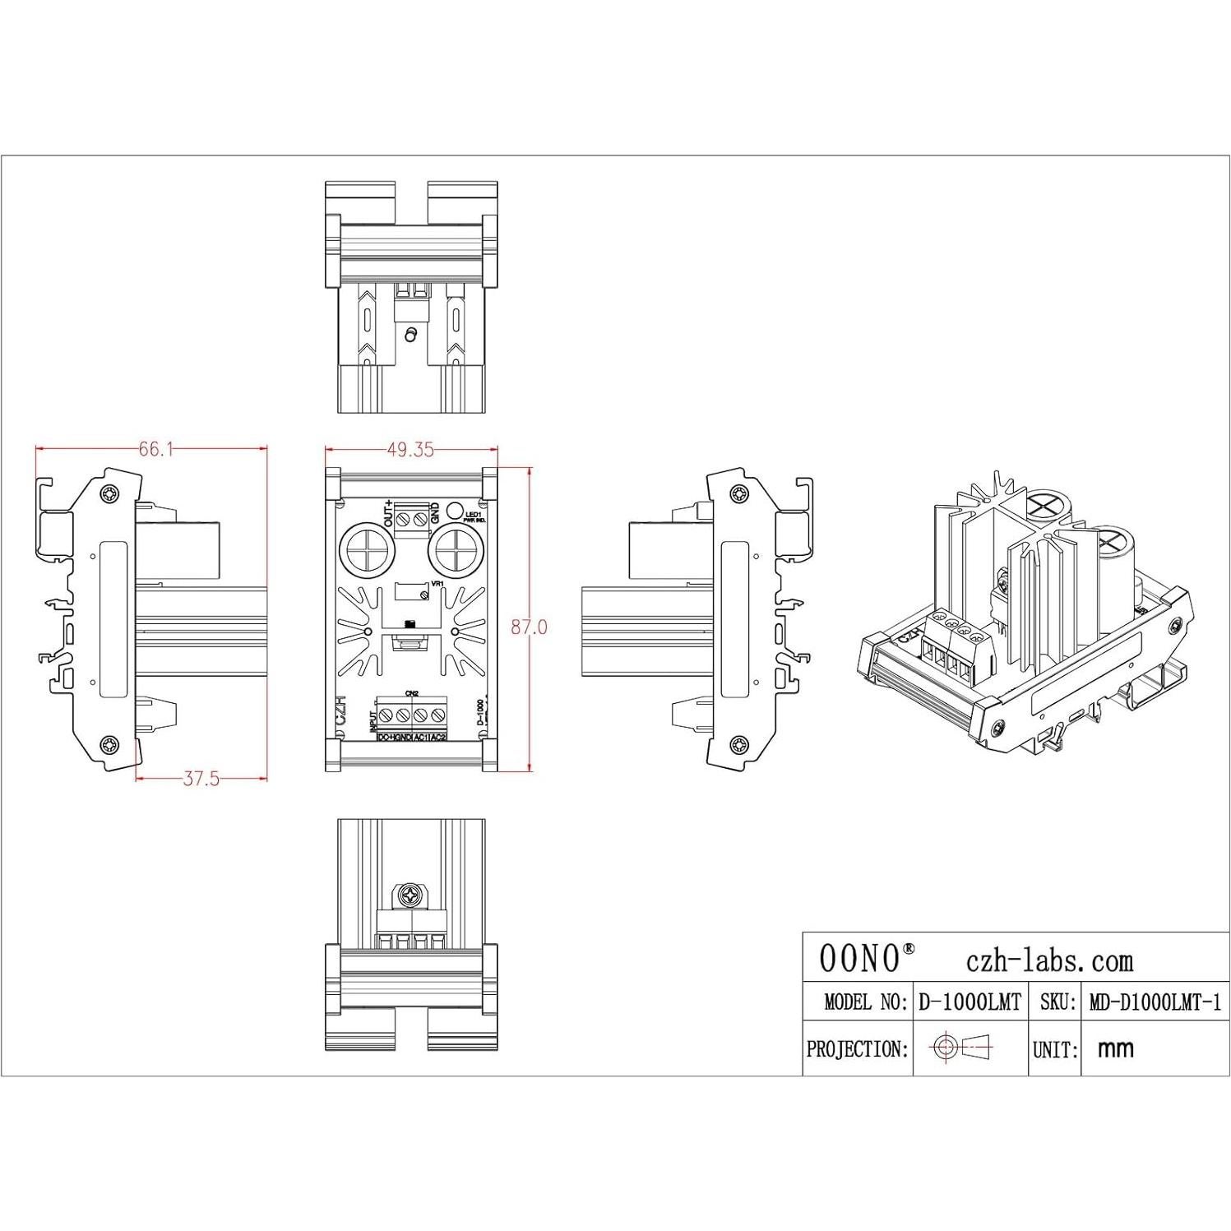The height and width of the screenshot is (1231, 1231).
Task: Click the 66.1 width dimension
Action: tap(155, 449)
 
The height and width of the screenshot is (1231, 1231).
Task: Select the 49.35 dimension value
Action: tap(410, 449)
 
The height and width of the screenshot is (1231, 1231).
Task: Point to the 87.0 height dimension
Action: tap(529, 627)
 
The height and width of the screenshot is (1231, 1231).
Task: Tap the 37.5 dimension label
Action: tap(201, 779)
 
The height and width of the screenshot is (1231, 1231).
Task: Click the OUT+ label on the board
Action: tap(389, 513)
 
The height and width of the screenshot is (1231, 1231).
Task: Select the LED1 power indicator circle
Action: tap(453, 510)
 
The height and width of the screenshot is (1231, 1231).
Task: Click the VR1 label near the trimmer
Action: tap(437, 584)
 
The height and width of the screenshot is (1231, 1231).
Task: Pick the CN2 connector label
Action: tap(412, 692)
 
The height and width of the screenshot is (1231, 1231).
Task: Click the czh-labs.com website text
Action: tap(1048, 960)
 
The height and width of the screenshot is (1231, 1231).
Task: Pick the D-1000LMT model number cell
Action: tap(970, 1002)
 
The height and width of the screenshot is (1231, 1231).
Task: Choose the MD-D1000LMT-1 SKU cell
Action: tap(1155, 1002)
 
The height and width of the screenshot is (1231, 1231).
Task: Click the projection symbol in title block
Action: tap(960, 1047)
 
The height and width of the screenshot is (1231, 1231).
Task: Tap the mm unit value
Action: tap(1115, 1048)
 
